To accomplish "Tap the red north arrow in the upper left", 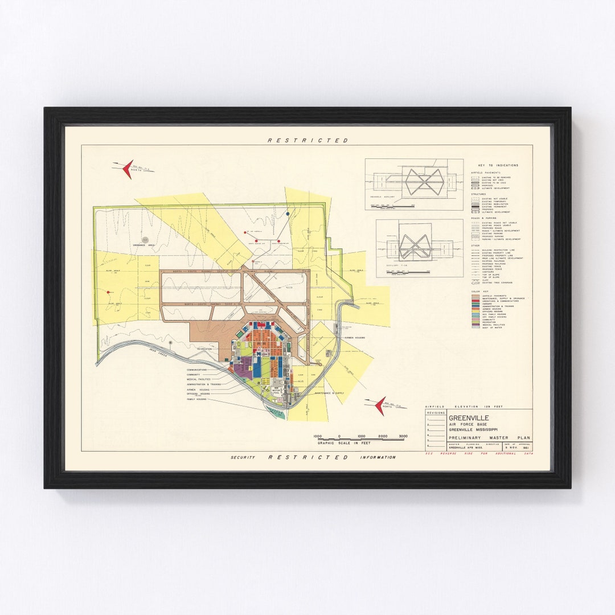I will [128, 169].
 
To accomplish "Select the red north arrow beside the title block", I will [380, 405].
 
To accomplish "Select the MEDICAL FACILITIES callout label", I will [199, 379].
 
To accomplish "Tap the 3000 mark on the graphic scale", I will [403, 436].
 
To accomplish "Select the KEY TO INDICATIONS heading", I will [494, 165].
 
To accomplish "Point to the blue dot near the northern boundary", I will [288, 214].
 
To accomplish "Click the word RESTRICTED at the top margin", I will [307, 140].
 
